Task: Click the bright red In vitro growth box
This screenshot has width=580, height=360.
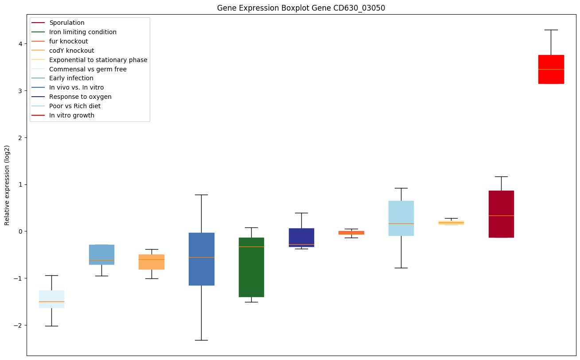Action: (551, 69)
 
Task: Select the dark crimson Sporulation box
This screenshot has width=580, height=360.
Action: (501, 214)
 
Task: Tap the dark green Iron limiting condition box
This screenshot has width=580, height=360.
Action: (251, 267)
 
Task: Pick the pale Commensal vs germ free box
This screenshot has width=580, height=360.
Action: (51, 299)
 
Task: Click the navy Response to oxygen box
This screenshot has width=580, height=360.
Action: (301, 237)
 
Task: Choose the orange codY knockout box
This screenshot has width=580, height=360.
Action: (152, 262)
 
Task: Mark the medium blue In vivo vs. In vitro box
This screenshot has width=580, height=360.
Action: (201, 259)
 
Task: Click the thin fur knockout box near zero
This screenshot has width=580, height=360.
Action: (351, 232)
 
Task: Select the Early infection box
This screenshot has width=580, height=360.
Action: (101, 254)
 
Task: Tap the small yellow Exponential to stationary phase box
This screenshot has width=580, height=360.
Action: (451, 223)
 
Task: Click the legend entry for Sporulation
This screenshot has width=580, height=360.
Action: (67, 23)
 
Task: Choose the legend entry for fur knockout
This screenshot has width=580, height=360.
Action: (69, 41)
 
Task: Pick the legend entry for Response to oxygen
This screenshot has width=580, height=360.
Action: (80, 97)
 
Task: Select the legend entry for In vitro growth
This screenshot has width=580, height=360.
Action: (72, 115)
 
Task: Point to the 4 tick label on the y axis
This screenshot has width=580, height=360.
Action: (20, 43)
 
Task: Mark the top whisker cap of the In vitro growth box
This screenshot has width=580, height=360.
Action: (551, 30)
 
